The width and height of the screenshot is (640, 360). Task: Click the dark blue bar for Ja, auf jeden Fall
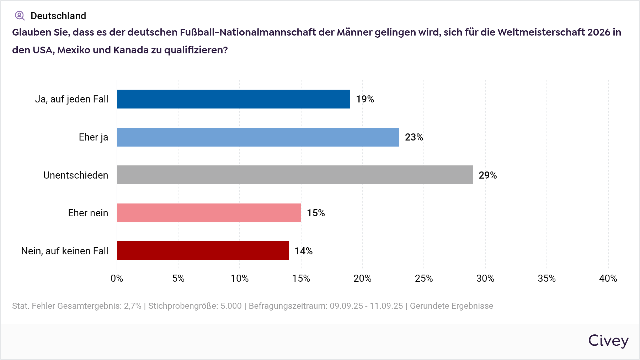pos(233,99)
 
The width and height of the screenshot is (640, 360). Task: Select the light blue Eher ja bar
pos(258,137)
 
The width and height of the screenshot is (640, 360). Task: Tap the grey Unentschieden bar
pos(295,175)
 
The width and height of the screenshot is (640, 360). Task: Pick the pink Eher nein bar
pos(209,213)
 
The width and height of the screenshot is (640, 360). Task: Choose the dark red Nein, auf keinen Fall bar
pos(203,250)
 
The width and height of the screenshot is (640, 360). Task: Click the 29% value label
pos(487,175)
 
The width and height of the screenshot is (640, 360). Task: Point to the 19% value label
pos(365,99)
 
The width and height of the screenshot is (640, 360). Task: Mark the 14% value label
pos(303,251)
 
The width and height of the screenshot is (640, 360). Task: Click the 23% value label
pos(414,137)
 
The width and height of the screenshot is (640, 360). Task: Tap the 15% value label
pos(316,213)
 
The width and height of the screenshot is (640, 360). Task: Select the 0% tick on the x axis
pos(117,279)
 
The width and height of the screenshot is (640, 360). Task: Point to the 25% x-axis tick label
pos(424,279)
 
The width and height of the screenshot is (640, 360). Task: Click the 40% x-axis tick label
pos(608,279)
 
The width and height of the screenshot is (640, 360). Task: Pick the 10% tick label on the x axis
pos(240,279)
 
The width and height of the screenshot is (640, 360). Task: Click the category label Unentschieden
pos(76,175)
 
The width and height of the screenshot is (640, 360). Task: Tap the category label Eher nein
pos(88,213)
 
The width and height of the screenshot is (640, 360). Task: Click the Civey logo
pos(608,341)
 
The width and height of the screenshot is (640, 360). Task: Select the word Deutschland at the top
pos(58,16)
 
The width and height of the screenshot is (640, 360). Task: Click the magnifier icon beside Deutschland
pos(20,16)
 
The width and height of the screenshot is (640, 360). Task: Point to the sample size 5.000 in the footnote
pos(231,306)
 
